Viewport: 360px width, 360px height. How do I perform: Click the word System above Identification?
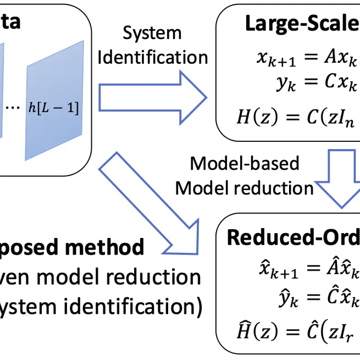[x=152, y=33]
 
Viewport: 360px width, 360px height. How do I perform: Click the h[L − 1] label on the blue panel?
[x=53, y=108]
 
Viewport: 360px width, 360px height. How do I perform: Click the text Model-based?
[x=244, y=163]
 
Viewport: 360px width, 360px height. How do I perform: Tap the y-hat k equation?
[x=315, y=298]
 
